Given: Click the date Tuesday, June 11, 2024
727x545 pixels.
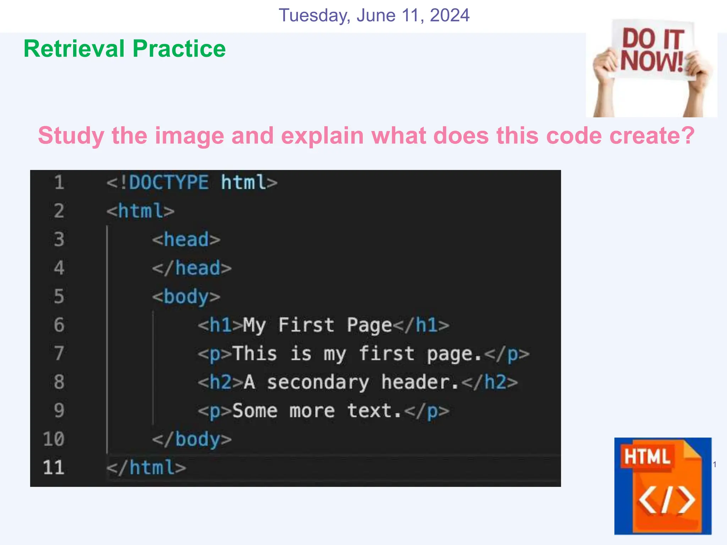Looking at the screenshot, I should click(x=374, y=16).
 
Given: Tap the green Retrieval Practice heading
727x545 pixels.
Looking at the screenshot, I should click(x=125, y=49).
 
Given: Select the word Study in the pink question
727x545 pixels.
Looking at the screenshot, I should click(x=71, y=136).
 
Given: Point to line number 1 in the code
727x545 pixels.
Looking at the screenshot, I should click(x=59, y=182).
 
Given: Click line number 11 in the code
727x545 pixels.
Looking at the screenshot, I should click(x=54, y=467).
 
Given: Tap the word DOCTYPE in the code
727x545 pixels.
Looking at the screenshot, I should click(x=169, y=182).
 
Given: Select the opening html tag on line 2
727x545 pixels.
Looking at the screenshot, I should click(x=141, y=211).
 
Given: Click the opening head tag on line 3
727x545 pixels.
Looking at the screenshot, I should click(x=186, y=240).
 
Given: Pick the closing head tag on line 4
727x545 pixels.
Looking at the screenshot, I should click(x=192, y=268).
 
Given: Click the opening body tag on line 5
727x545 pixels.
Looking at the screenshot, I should click(x=186, y=297).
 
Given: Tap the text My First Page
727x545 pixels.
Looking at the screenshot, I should click(x=317, y=325).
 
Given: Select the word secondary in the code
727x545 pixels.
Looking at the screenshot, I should click(x=318, y=382).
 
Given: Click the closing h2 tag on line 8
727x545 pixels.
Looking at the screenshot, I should click(x=490, y=382).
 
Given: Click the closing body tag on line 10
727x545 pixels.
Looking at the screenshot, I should click(x=192, y=439).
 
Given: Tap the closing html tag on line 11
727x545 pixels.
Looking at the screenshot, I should click(x=146, y=467).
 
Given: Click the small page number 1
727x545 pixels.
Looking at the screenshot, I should click(x=715, y=464).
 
